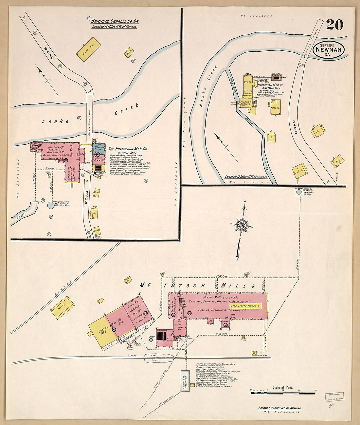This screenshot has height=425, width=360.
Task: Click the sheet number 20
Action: coord(334,25)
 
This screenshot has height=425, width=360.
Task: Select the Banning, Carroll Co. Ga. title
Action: coord(115,21)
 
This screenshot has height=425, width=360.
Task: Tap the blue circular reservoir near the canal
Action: coord(51,205)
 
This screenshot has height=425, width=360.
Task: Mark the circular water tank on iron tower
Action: coord(299,192)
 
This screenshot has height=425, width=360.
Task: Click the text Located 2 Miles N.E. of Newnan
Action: coord(279,408)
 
